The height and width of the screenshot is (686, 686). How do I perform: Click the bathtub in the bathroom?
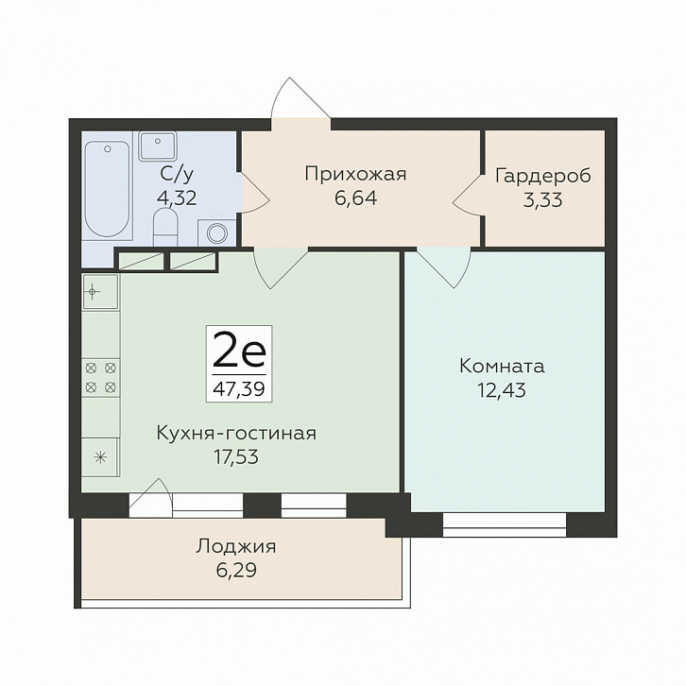pos(107,189)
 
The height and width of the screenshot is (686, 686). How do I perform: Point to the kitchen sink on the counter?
pos(98,291)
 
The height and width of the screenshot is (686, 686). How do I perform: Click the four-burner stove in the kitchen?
pos(101,377)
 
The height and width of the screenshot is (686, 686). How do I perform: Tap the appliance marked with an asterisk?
pos(99,457)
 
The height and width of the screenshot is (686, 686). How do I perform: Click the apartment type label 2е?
pos(239,352)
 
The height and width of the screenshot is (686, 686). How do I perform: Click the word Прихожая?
pos(354,173)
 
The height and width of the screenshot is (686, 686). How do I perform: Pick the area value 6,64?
pos(354,198)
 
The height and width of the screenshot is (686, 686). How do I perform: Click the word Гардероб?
pos(543,176)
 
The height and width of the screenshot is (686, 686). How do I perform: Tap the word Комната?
pos(502,366)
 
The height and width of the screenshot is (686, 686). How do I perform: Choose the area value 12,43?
pos(502,390)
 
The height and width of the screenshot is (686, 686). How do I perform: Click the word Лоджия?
pos(236,545)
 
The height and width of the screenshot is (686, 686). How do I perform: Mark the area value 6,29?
pos(236,570)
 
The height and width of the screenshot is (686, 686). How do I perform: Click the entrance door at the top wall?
pos(300,102)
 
